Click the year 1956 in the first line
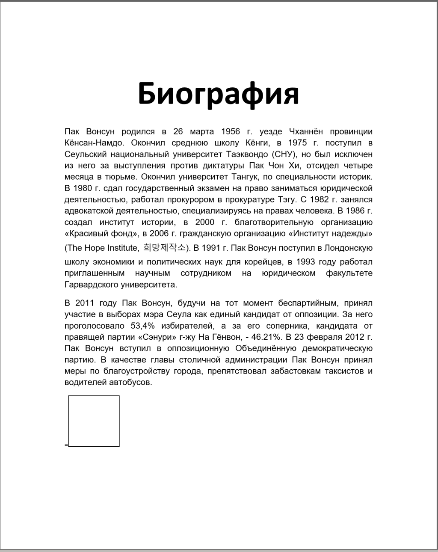click(x=231, y=131)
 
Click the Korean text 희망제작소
click(x=165, y=247)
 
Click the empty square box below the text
click(x=94, y=421)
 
